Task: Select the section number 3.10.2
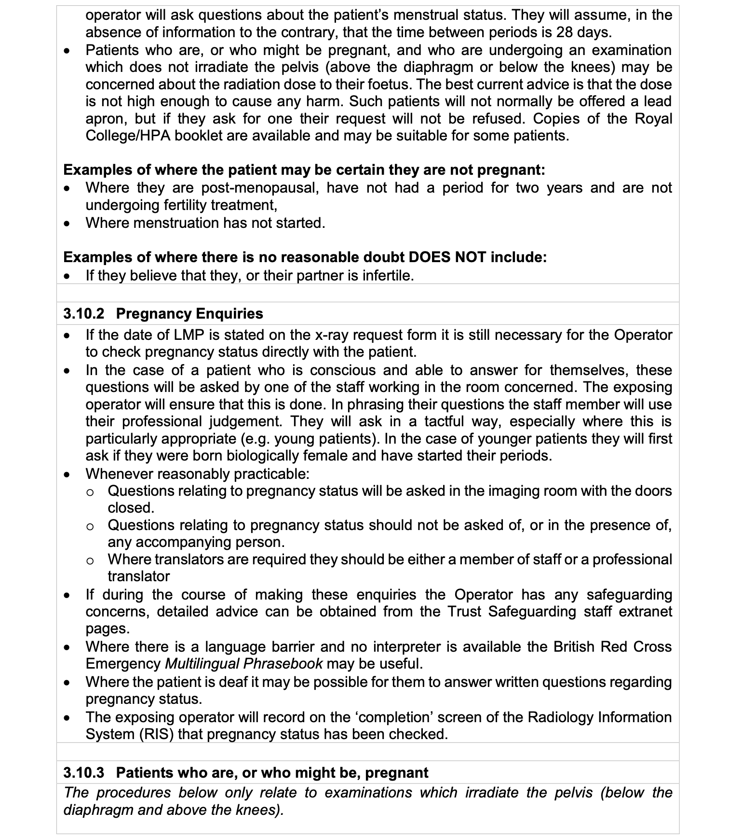pos(83,314)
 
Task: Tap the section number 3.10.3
pos(83,773)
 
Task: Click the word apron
pos(103,119)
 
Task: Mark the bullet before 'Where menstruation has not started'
pos(69,224)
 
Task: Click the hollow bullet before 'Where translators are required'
pos(90,560)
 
